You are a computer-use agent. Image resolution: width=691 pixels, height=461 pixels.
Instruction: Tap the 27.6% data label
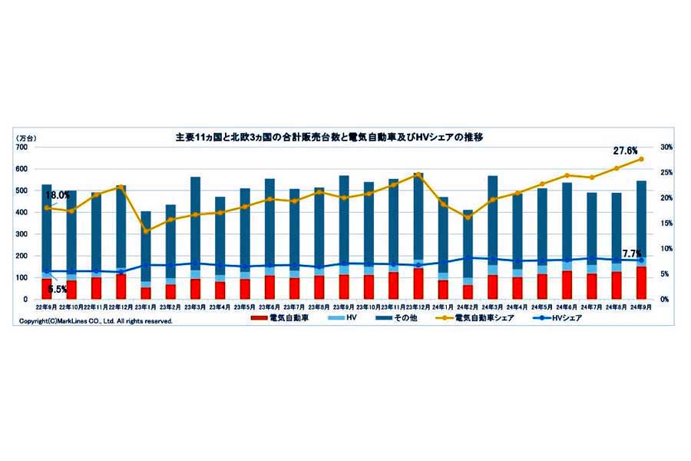pyautogui.click(x=625, y=148)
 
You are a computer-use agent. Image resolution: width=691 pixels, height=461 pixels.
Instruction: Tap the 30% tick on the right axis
pyautogui.click(x=666, y=147)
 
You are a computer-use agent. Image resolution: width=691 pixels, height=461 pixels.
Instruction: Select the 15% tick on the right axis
pyautogui.click(x=666, y=223)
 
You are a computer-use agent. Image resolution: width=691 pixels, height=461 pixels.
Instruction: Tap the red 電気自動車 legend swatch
pyautogui.click(x=264, y=318)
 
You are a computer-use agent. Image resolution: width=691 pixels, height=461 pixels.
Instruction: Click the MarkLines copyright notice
pyautogui.click(x=96, y=321)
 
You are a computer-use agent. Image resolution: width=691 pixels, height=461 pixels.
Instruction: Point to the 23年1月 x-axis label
pyautogui.click(x=146, y=307)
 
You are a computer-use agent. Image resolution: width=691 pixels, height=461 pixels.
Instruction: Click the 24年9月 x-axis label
pyautogui.click(x=641, y=307)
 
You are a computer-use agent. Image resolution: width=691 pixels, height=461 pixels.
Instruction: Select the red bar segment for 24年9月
pyautogui.click(x=641, y=283)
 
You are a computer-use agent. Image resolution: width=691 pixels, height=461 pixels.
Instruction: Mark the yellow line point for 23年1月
pyautogui.click(x=146, y=230)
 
